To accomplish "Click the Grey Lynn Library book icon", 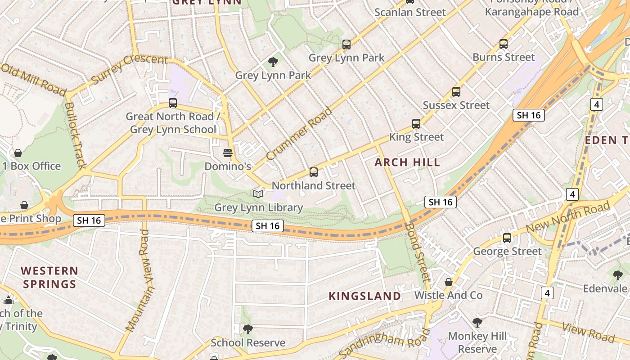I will [258, 194].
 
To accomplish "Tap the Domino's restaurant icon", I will [227, 153].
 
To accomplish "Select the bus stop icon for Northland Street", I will [314, 172].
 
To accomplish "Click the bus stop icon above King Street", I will [416, 123].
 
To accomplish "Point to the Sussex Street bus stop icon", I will [456, 92].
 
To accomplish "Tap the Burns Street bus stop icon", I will [504, 44].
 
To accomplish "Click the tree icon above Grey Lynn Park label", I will [273, 62].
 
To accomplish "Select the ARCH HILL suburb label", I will [407, 162].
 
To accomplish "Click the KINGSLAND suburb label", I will [364, 296].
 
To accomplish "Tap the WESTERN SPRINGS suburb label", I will [49, 277].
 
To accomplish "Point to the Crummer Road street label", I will [299, 134].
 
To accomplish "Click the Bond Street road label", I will [418, 252].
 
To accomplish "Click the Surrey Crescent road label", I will [129, 69].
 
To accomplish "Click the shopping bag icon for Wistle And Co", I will [449, 282].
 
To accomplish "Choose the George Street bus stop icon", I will [507, 238].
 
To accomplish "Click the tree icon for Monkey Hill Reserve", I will [477, 322].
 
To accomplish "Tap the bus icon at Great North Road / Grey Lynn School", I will [173, 103].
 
